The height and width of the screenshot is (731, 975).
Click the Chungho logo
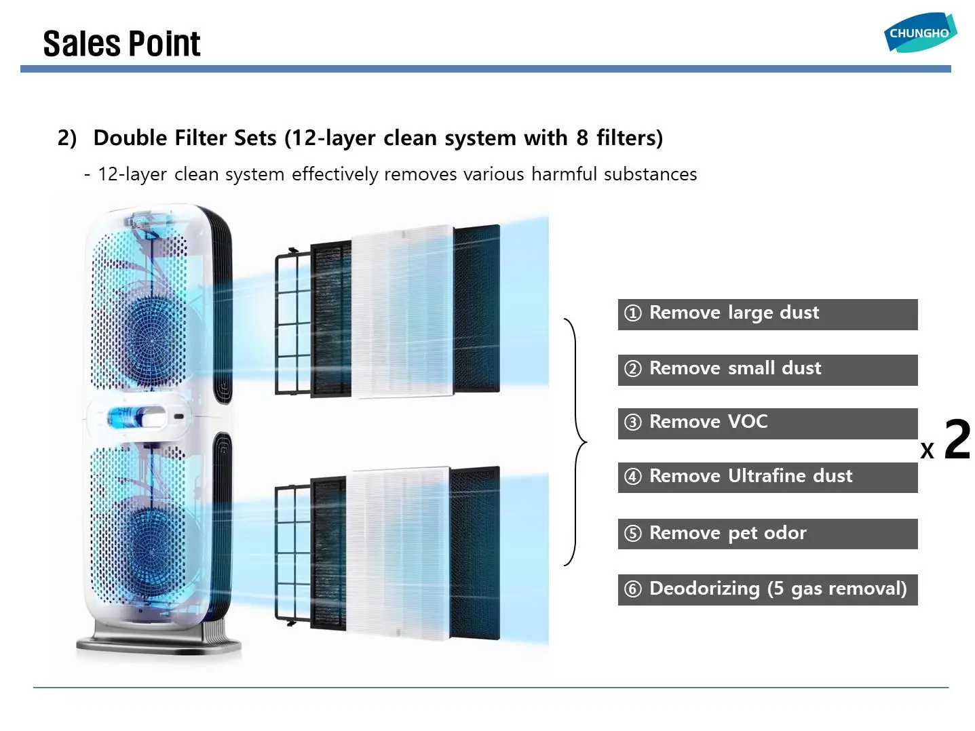coord(919,32)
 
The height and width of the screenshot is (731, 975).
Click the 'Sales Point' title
coord(121,44)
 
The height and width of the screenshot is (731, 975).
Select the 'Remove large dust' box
coord(767,314)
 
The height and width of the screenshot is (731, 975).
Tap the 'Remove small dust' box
coord(767,370)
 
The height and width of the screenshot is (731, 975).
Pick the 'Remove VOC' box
coord(767,423)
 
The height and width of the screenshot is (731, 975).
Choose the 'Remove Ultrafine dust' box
coord(767,477)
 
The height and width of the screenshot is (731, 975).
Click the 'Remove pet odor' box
coord(767,534)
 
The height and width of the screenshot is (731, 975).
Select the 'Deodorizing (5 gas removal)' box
coord(767,589)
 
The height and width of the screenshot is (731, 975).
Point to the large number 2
coord(957,439)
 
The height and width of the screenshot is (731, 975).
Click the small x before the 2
coord(927,450)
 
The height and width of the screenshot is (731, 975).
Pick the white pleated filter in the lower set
coord(397,553)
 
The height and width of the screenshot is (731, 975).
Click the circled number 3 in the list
coord(632,422)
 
